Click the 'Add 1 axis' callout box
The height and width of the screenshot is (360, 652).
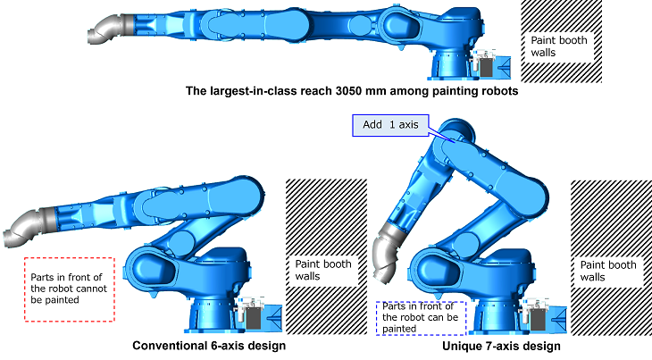coord(390,125)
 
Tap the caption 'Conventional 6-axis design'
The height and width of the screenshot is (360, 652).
coord(209,346)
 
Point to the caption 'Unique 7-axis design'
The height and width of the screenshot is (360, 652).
coord(501,346)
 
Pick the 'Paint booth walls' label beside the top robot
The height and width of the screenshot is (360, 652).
coord(559,46)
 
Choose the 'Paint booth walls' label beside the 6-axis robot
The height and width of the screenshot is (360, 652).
coord(323,270)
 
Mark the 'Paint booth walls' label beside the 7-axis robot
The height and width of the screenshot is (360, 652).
coord(608,271)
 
